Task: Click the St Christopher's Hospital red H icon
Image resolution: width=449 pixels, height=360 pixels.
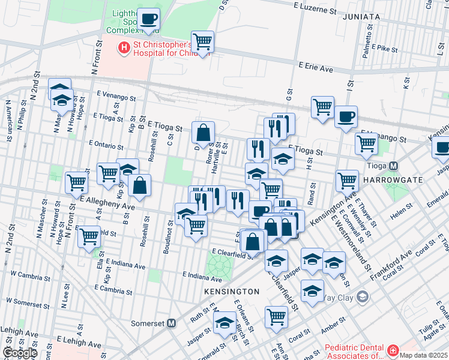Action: [124, 47]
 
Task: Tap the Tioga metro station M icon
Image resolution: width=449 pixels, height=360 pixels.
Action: [394, 166]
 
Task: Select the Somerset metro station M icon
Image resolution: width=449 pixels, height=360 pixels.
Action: [171, 323]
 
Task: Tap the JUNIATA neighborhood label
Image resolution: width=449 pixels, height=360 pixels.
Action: [361, 17]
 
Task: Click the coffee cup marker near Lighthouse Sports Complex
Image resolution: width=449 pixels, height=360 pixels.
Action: [148, 19]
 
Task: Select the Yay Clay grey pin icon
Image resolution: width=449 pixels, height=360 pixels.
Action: [362, 296]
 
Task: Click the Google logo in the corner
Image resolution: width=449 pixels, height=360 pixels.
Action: [20, 353]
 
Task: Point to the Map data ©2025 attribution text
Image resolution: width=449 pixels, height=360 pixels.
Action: [423, 355]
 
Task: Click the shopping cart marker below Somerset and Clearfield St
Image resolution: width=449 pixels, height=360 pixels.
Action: [276, 316]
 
